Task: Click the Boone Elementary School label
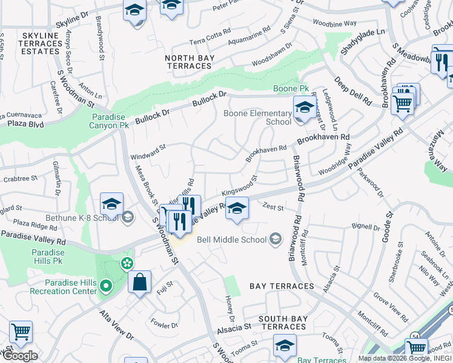coord(257,117)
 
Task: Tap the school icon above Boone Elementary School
coord(303,109)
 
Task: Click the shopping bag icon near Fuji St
coord(139,282)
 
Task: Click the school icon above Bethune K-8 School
coord(112,205)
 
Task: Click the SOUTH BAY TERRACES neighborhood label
coord(282,322)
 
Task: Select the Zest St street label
coord(273,208)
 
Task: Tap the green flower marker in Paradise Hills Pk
coord(126,264)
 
